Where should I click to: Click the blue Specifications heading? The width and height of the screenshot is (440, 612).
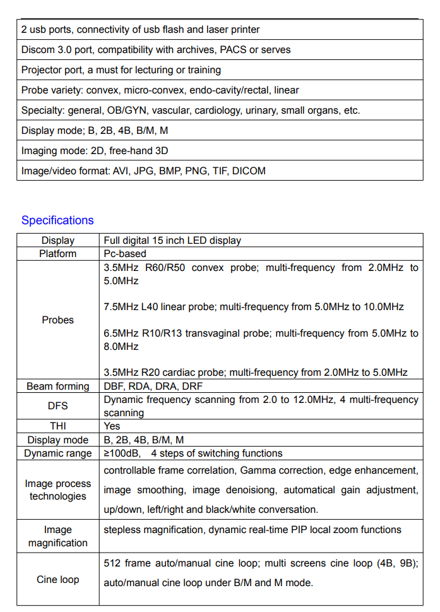coord(57,220)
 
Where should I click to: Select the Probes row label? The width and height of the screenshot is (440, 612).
coord(58,320)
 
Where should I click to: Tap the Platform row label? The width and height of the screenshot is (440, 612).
coord(58,254)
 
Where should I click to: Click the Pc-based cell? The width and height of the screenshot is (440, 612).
coord(125,254)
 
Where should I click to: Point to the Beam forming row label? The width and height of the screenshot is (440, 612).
coord(58,387)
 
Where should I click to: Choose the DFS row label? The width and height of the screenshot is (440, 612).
coord(58,406)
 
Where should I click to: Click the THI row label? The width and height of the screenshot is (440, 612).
coord(58,426)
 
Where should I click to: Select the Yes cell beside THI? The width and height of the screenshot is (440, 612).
coord(112,426)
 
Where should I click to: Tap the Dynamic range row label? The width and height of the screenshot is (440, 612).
coord(58,453)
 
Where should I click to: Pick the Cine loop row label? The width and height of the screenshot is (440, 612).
coord(58,579)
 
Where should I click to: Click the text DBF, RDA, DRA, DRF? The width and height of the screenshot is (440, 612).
coord(153,387)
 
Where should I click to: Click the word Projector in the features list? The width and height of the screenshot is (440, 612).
coord(41,70)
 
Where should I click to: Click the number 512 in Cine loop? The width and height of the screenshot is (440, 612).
coord(112,563)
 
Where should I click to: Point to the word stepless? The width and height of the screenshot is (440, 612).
coord(122,530)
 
